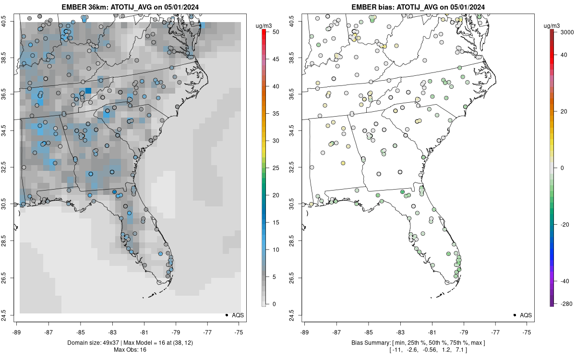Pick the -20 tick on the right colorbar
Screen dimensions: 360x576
pos(562,224)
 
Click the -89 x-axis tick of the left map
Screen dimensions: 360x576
pos(17,332)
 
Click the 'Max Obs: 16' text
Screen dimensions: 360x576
pos(130,350)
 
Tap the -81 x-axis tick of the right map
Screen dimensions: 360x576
pos(432,332)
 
